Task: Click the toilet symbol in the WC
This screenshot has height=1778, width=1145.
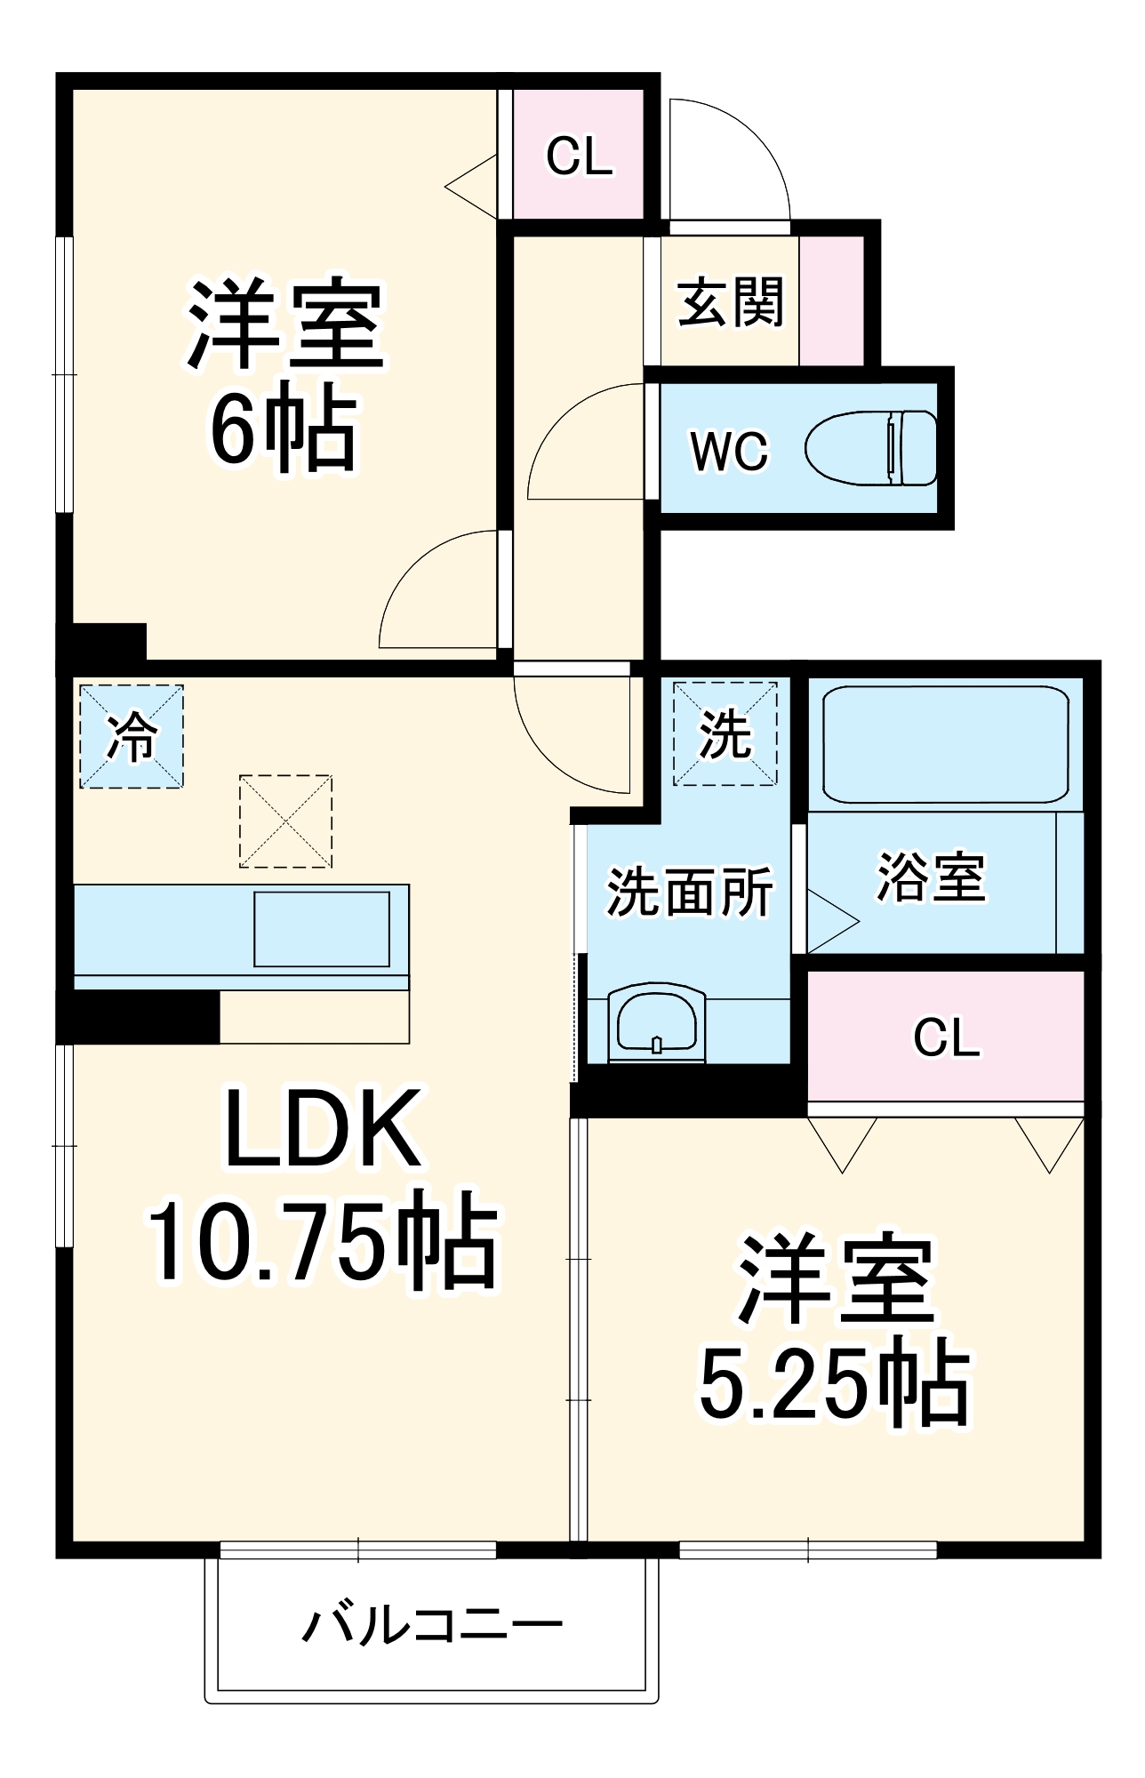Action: tap(871, 448)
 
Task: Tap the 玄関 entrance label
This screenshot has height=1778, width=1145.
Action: tap(730, 302)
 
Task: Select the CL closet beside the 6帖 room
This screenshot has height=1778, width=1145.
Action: tap(579, 156)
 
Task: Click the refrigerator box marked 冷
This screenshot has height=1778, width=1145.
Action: tap(132, 736)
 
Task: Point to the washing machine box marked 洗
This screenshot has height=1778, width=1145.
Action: tap(725, 734)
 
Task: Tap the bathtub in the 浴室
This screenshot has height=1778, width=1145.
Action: tap(945, 744)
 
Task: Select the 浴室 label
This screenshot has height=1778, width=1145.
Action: tap(931, 877)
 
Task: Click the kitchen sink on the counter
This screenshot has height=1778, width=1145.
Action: tap(322, 929)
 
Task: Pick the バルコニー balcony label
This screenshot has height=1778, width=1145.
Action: tap(433, 1625)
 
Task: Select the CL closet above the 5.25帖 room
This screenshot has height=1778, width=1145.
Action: tap(946, 1037)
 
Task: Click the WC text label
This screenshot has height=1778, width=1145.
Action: tap(729, 451)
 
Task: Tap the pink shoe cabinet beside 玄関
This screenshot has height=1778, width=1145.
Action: tap(831, 300)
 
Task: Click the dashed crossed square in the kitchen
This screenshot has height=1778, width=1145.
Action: tap(285, 821)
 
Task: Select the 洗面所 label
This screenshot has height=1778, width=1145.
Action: tap(689, 892)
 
